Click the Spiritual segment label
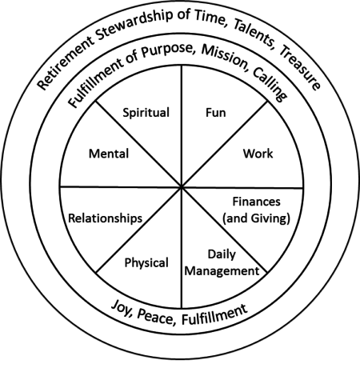pos(146,113)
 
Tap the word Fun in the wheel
pos(216,113)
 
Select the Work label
pos(258,154)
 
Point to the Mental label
pos(109,154)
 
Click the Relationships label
pos(106,218)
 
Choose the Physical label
pos(146,263)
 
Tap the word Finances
pos(256,202)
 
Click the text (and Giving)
pos(256,218)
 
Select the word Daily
pos(222,255)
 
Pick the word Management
pos(222,271)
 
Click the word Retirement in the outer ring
pos(66,63)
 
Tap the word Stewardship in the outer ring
pos(134,25)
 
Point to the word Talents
pos(254,34)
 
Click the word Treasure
pos(299,68)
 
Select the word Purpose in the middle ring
pos(167,50)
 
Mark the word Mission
pos(226,58)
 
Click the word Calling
pos(270,85)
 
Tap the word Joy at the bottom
pos(122,308)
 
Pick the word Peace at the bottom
pos(156,318)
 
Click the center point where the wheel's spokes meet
pos(182,187)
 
